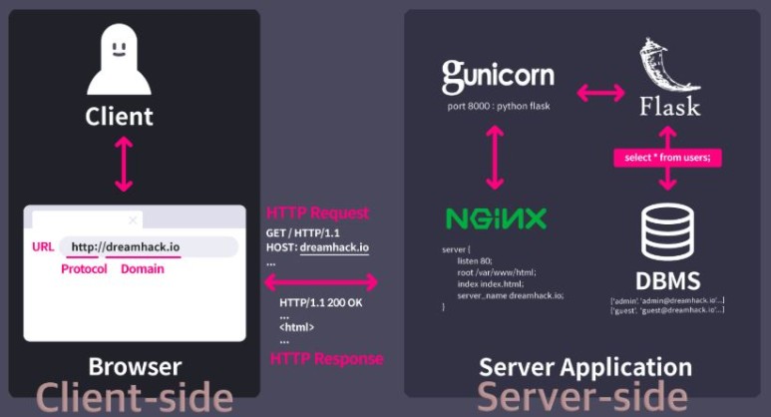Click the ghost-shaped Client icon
click(119, 62)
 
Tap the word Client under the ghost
click(119, 115)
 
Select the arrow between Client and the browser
click(123, 163)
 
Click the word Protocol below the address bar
click(84, 270)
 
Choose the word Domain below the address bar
click(143, 270)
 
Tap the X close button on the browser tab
click(133, 219)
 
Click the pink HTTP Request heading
click(317, 212)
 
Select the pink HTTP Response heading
click(324, 358)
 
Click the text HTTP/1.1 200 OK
click(320, 302)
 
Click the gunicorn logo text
click(497, 75)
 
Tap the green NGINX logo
click(496, 218)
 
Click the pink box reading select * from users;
click(667, 157)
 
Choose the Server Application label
click(584, 366)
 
